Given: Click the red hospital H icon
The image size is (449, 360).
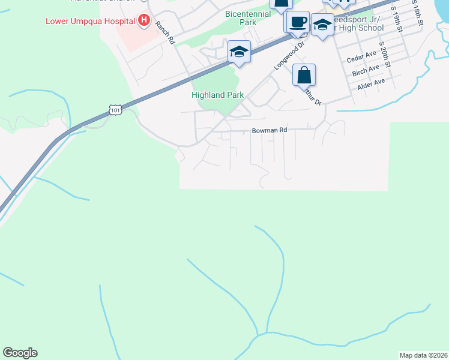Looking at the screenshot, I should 143,21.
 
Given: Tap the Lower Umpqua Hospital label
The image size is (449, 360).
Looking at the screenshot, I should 90,21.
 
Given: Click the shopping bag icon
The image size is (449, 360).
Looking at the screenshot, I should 304,76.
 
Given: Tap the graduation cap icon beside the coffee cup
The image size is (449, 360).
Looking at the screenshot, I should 322,25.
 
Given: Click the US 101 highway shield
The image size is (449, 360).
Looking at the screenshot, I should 115,109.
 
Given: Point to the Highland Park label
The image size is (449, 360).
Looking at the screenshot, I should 217,95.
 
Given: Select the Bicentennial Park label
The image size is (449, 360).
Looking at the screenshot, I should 249,17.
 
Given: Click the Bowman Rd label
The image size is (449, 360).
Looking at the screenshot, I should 270,130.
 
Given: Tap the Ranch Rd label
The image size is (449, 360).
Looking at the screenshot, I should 164,34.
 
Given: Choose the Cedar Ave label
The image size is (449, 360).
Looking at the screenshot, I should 361,59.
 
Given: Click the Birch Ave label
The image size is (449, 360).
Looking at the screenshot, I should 367,72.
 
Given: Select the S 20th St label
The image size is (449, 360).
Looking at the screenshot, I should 385,55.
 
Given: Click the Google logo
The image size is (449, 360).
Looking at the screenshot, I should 20,353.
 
